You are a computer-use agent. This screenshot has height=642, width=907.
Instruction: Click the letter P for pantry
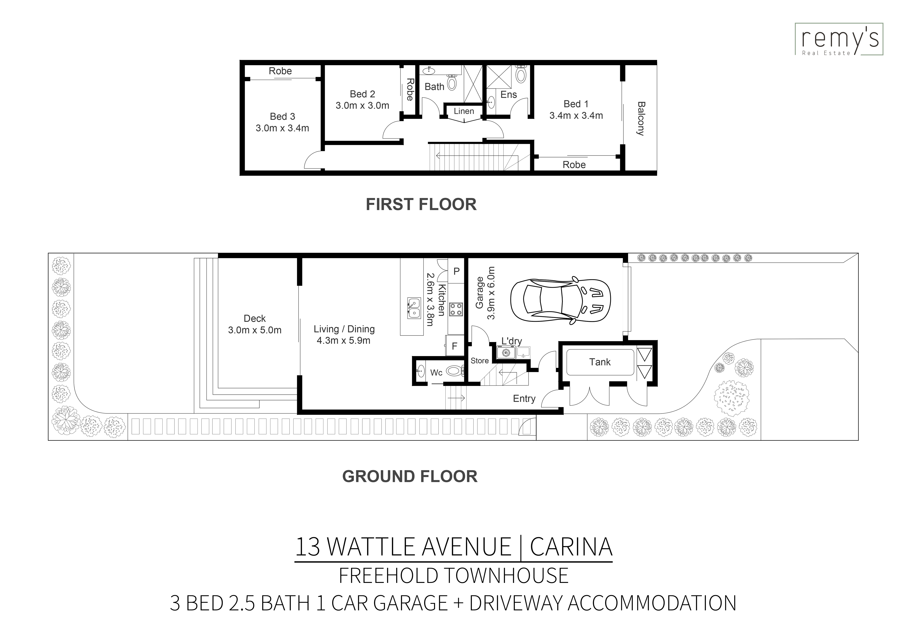tap(456, 271)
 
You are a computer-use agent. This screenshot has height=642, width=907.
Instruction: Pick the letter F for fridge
tap(454, 346)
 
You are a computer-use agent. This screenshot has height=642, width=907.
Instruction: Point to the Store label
tap(480, 361)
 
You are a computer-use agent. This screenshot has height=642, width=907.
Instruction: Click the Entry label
tap(524, 398)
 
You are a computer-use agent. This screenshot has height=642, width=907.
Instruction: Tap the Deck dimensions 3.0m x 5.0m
tap(255, 330)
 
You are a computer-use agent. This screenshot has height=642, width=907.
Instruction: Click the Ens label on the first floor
tap(508, 94)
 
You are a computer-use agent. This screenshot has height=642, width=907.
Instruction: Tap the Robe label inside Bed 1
tap(574, 165)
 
